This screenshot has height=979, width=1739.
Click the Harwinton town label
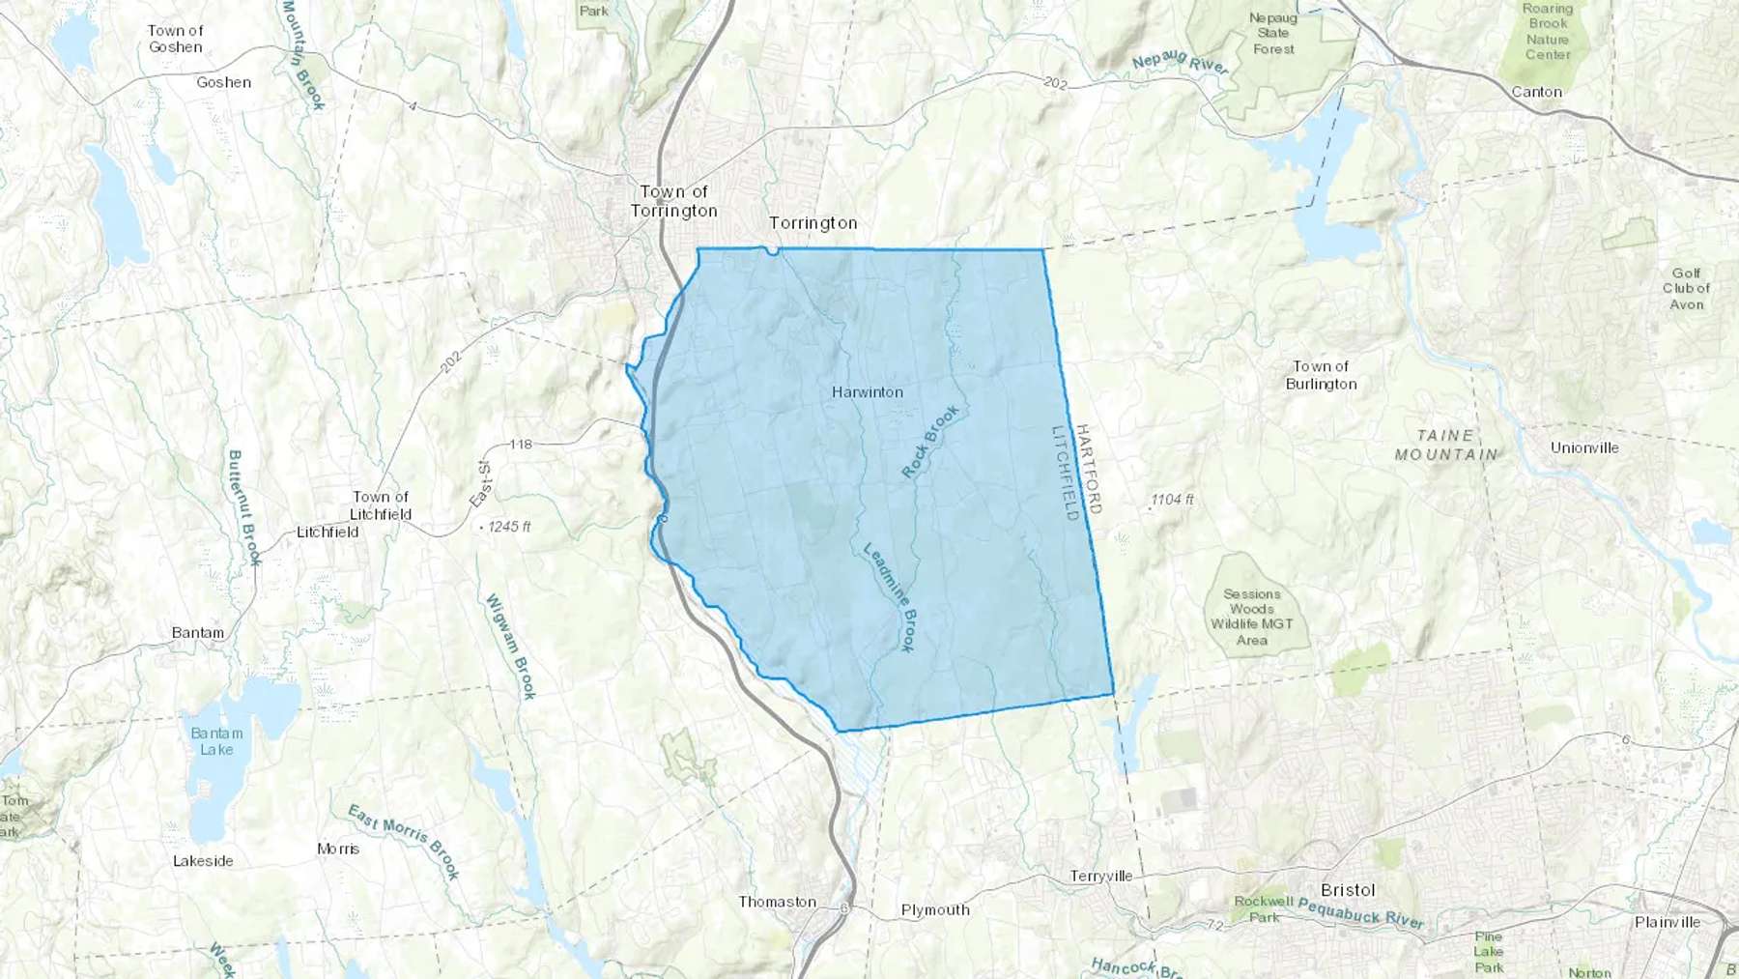868,392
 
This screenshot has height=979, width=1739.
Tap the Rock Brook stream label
930,442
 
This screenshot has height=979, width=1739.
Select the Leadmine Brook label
890,596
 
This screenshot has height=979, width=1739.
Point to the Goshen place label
223,82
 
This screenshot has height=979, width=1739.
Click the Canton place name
1536,92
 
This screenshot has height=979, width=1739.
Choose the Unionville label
1584,447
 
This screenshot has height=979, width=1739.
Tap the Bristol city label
1348,890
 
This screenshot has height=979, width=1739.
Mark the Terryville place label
1100,877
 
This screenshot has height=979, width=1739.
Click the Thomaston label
777,902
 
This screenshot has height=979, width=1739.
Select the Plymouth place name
934,909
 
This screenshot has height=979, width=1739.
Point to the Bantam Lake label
216,741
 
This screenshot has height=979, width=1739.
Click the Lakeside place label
203,861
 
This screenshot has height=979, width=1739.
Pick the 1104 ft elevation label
1172,500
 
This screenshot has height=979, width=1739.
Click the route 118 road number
520,445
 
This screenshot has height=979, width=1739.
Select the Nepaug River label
1180,63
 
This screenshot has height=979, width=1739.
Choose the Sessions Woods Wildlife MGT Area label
1251,617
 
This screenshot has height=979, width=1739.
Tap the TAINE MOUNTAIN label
1446,445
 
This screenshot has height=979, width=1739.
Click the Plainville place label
1667,922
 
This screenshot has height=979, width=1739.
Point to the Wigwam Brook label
511,646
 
